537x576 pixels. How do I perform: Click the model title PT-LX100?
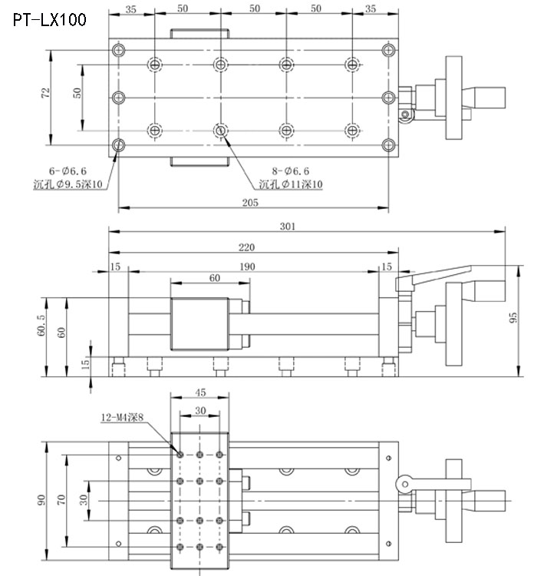pos(49,20)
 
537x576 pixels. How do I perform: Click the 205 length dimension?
pos(250,203)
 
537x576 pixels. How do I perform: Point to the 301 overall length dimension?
pos(288,227)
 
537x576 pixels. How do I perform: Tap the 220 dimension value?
pos(247,247)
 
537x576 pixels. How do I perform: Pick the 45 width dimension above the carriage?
pos(199,394)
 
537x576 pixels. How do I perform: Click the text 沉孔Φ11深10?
pos(291,184)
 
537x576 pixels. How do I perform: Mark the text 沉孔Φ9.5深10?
pos(71,185)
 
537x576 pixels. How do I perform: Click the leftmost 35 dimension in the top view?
pos(130,10)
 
